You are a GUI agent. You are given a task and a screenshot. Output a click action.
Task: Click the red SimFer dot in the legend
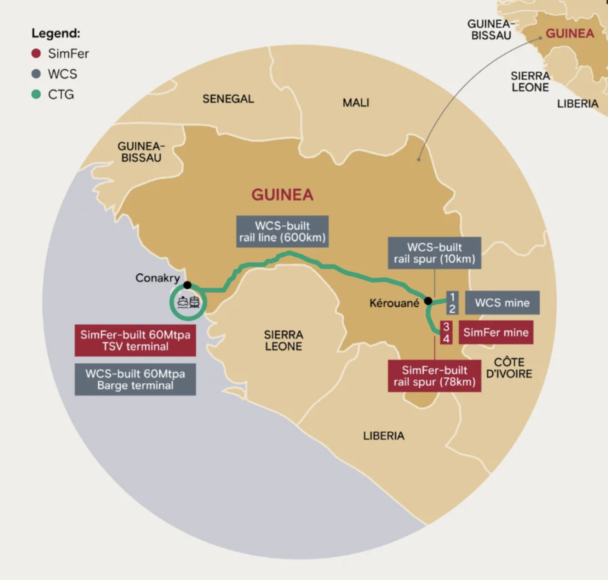click(x=36, y=53)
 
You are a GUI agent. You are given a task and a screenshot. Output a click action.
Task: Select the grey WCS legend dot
click(x=36, y=74)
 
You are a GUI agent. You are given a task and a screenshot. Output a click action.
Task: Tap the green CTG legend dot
click(x=36, y=94)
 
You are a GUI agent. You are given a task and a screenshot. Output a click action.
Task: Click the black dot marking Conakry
click(x=187, y=285)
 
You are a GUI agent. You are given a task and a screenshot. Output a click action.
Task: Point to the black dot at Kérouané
click(x=428, y=301)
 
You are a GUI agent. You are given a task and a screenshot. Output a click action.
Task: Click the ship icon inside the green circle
click(x=183, y=302)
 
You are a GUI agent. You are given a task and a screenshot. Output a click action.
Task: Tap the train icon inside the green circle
click(x=194, y=302)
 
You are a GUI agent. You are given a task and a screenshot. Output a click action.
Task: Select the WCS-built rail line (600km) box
click(x=282, y=232)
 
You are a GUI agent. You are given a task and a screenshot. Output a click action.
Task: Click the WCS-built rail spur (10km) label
click(x=435, y=253)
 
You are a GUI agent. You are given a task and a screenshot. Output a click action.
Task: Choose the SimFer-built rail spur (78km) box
click(x=435, y=376)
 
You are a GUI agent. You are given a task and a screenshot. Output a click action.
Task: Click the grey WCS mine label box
click(x=502, y=303)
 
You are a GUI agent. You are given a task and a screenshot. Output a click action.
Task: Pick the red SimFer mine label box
click(x=496, y=332)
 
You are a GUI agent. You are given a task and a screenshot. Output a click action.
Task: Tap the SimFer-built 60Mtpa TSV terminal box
click(x=135, y=340)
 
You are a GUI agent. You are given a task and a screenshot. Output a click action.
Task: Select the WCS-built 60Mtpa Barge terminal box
click(x=135, y=379)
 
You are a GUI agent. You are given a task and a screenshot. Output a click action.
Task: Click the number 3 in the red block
click(x=446, y=326)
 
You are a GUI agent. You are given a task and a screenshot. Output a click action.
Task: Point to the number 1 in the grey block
click(x=452, y=297)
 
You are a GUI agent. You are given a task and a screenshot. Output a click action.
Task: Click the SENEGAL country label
click(x=228, y=99)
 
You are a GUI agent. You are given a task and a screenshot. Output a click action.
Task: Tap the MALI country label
click(x=356, y=103)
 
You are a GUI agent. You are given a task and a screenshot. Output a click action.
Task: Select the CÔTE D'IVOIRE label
click(x=509, y=368)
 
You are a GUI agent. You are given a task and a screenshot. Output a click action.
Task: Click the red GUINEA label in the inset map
click(x=570, y=34)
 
